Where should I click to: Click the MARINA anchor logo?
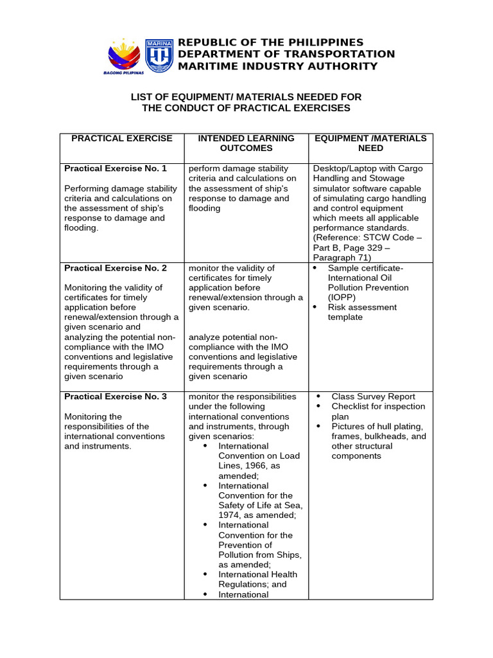[x=159, y=55]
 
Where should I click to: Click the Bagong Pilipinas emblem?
[x=124, y=55]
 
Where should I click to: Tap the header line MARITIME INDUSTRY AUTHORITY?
[x=277, y=66]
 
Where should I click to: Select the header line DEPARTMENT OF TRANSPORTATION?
[x=286, y=54]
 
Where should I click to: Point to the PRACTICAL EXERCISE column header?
[x=122, y=138]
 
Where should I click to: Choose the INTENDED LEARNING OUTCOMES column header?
[x=246, y=143]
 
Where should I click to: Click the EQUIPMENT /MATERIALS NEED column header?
[x=370, y=143]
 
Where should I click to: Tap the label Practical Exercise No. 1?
[x=116, y=168]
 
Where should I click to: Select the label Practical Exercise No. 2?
[x=116, y=268]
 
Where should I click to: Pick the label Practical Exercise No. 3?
[x=116, y=396]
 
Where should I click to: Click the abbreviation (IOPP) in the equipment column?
[x=340, y=298]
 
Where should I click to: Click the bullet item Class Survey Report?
[x=373, y=396]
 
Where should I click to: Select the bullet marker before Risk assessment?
[x=316, y=307]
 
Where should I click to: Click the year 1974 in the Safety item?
[x=229, y=515]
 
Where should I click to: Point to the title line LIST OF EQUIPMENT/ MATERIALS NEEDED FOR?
[x=246, y=96]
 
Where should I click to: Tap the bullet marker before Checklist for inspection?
[x=319, y=407]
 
